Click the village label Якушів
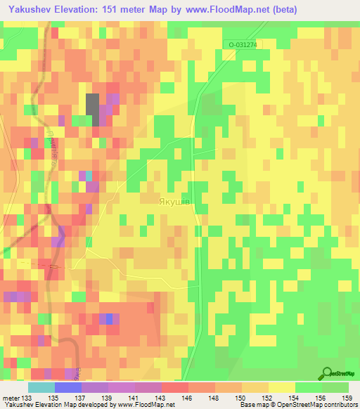[x=172, y=201]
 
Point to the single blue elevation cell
[x=105, y=318]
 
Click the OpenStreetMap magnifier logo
[x=327, y=373]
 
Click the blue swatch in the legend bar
[x=67, y=387]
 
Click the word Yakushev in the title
[x=29, y=10]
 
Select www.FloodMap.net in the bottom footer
[x=147, y=405]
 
